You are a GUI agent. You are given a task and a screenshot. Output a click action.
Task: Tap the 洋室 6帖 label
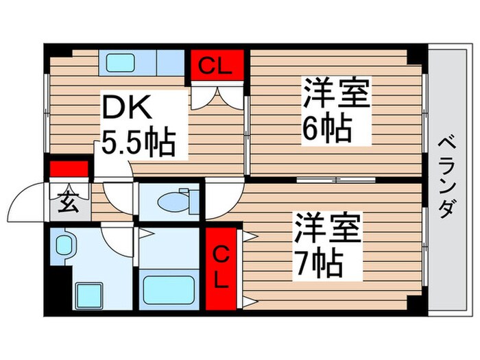pyautogui.click(x=335, y=110)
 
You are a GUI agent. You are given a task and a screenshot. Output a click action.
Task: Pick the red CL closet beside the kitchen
pyautogui.click(x=217, y=67)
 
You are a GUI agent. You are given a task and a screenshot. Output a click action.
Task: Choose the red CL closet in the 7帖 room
pyautogui.click(x=220, y=267)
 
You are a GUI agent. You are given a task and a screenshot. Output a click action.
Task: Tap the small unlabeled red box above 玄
pyautogui.click(x=69, y=169)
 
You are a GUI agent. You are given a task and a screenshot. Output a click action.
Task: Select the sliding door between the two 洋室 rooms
pyautogui.click(x=335, y=180)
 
